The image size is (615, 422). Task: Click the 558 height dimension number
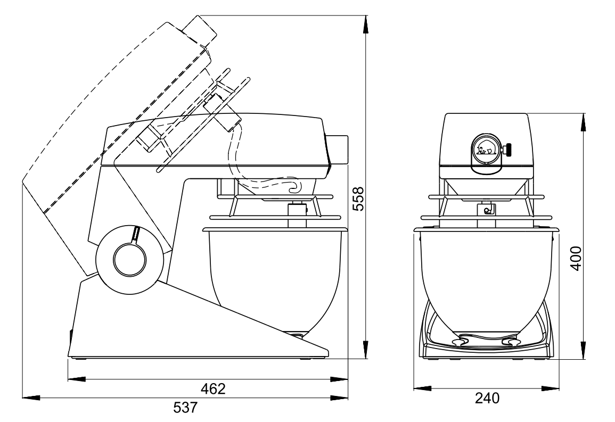tap(358, 199)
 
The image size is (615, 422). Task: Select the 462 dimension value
tap(214, 388)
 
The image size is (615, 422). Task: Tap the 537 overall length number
tap(185, 408)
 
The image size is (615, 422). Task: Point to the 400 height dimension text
tap(576, 258)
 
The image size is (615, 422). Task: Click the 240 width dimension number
tap(488, 399)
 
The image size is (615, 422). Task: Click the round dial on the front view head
tap(486, 150)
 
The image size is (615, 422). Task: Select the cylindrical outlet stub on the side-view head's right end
tap(338, 150)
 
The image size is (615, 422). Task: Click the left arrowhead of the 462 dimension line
tap(77, 379)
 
